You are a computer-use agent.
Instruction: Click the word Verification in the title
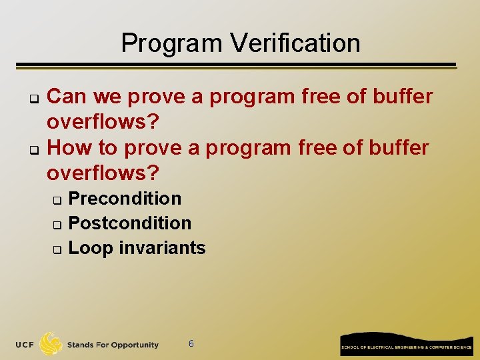[295, 43]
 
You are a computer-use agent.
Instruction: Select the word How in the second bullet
[69, 147]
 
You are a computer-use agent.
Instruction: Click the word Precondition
[125, 199]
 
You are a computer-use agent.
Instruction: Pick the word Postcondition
[130, 223]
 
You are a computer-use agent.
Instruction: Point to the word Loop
[91, 248]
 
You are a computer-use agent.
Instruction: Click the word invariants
[162, 248]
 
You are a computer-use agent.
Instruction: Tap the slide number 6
[191, 344]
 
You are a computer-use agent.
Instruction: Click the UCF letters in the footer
[25, 345]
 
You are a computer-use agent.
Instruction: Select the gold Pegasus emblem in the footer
[51, 343]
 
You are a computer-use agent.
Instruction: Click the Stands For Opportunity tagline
[113, 345]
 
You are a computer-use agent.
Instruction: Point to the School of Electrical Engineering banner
[406, 344]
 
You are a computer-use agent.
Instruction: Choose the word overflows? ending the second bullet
[103, 173]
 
